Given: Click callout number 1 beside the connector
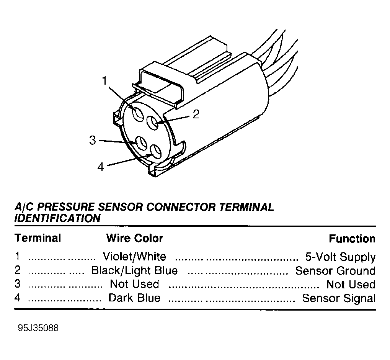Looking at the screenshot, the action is [104, 80].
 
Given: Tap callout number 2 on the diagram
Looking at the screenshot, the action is [196, 114].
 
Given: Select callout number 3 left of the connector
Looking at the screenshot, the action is [93, 140].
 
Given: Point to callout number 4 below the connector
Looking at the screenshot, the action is [101, 167].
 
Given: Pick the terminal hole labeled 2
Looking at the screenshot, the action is [152, 123].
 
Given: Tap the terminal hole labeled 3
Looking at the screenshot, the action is [141, 143].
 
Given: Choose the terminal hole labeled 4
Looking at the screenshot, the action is [156, 151].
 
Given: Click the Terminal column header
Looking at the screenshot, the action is [38, 238].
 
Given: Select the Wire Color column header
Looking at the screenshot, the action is [135, 238].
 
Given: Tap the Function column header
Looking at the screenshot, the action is [352, 239].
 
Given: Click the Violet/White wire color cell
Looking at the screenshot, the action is [134, 257].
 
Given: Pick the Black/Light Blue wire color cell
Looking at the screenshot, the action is [135, 270].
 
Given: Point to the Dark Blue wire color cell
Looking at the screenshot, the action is [134, 298].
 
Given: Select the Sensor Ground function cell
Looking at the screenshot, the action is [335, 271].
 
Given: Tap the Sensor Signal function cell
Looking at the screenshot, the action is [339, 298].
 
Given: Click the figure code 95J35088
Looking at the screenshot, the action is [38, 328].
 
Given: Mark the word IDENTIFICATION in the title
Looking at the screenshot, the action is [57, 218].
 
